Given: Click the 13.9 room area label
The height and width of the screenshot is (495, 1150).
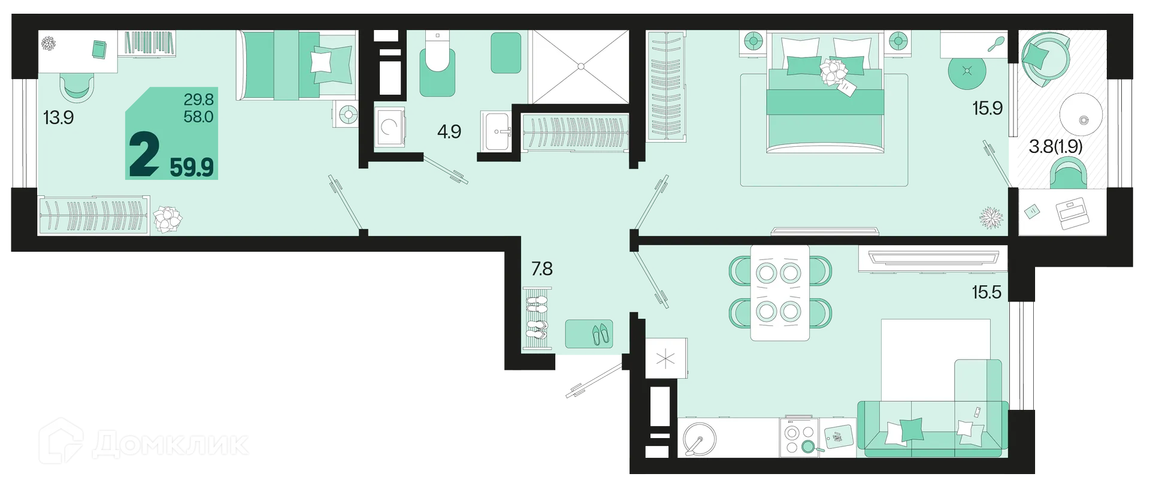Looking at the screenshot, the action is pos(59,117).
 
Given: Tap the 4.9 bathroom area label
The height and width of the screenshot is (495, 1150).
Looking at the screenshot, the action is pos(449,131).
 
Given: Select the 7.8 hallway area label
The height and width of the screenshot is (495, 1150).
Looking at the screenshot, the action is pos(542,268).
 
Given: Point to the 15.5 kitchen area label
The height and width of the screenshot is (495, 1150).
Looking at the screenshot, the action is pos(986,292).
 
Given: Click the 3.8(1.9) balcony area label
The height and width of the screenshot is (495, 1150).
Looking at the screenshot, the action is pos(1055,146).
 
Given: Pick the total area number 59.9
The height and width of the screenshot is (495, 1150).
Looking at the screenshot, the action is pos(192,167).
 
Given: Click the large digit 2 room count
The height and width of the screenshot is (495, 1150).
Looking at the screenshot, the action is pos(144,154).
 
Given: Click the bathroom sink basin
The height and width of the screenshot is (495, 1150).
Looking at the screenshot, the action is pos(497,131).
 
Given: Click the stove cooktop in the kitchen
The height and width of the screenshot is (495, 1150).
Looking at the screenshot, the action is pos(799,437).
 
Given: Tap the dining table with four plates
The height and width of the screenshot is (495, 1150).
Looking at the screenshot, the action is pos(780,292).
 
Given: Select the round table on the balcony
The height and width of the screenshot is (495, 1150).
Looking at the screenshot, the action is pos(1081,115).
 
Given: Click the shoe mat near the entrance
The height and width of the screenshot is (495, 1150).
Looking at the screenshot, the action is pos(589,334).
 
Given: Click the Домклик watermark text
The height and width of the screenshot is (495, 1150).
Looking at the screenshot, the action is pos(170,444).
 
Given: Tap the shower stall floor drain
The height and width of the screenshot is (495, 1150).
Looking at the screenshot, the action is pos(579,67).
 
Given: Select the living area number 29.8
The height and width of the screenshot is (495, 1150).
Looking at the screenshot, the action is pos(199,99).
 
